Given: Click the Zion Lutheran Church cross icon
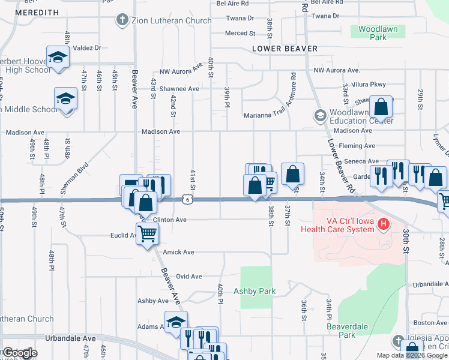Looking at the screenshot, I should click(122, 20).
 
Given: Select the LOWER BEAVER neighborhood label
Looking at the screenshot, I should click(285, 49).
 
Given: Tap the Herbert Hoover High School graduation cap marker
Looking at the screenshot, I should click(58, 58).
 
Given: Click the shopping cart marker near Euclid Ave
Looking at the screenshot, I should click(147, 233).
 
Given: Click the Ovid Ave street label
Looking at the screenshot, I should click(188, 277).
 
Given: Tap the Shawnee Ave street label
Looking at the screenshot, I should click(178, 89).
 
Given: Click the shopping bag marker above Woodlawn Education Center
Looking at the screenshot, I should click(381, 107).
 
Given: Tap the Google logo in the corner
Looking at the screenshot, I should click(19, 353).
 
